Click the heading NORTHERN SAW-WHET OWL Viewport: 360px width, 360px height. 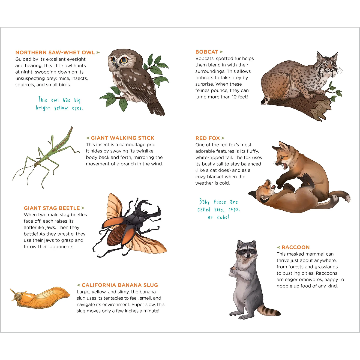(x=55, y=53)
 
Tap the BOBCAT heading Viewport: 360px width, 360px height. (x=207, y=52)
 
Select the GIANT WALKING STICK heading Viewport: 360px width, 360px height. (x=122, y=138)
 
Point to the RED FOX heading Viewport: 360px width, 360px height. (x=208, y=138)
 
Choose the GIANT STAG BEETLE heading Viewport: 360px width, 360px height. (x=52, y=208)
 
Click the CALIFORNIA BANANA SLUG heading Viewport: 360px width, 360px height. (x=120, y=285)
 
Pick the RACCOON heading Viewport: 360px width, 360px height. (x=295, y=247)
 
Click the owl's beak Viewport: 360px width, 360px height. (x=117, y=66)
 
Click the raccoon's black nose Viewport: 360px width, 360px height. (x=248, y=255)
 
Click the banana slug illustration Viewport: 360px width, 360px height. (x=40, y=297)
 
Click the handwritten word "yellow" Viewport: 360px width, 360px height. (x=61, y=108)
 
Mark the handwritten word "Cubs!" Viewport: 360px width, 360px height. (x=223, y=217)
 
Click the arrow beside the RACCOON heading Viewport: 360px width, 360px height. (x=278, y=247)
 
